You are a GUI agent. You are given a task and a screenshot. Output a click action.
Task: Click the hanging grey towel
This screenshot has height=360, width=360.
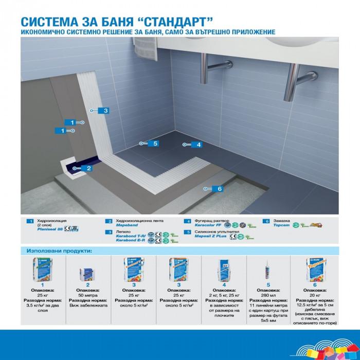(x=146, y=49)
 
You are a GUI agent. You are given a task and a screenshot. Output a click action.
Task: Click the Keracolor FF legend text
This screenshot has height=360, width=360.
(x=208, y=225)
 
